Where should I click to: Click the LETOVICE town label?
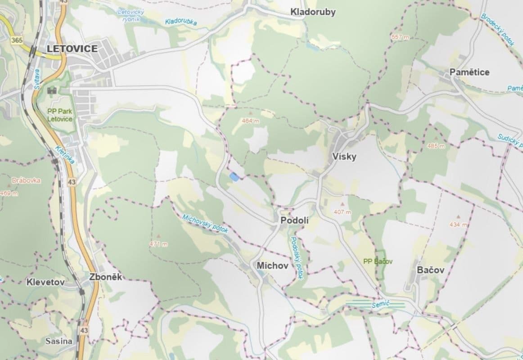tap(72, 49)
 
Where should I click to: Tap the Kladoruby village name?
tap(313, 12)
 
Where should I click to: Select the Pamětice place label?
tap(469, 72)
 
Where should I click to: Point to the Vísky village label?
tap(344, 157)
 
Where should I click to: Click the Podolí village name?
tap(294, 220)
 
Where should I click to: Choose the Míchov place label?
tap(272, 265)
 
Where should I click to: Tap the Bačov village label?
tap(430, 270)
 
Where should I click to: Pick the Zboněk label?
tap(106, 277)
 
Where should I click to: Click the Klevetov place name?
tap(45, 282)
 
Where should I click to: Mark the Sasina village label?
tap(59, 341)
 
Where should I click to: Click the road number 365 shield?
tap(17, 40)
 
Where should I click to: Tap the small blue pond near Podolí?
tap(234, 177)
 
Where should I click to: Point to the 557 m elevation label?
tap(400, 37)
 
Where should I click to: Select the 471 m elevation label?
tap(158, 244)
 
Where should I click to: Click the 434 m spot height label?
tap(459, 225)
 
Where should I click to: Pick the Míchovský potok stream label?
tap(205, 224)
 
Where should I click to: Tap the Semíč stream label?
tap(380, 305)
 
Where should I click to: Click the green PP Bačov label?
tap(378, 261)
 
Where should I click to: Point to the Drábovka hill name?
tap(27, 180)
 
